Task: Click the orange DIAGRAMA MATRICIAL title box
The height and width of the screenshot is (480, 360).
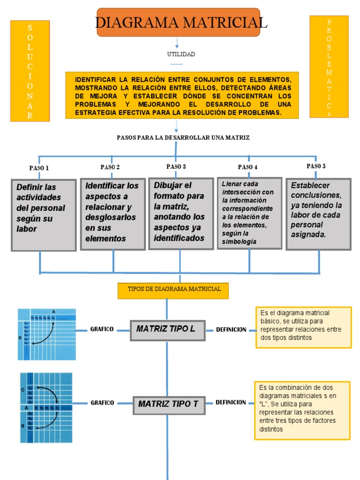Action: [x=178, y=22]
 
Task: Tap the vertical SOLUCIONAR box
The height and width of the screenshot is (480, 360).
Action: [x=30, y=71]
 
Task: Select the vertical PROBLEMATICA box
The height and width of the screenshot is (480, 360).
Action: [x=329, y=67]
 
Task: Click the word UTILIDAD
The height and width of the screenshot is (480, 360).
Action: [x=181, y=54]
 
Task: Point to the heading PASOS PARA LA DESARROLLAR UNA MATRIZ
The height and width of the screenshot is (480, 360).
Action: [x=183, y=137]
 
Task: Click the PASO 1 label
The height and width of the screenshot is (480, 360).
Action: [x=39, y=168]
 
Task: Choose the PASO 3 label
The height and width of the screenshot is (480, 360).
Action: [x=176, y=166]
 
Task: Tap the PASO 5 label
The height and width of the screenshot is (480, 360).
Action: [x=316, y=166]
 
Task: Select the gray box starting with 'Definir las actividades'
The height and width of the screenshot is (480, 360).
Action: [x=44, y=215]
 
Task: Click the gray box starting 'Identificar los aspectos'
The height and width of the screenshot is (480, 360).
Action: [x=112, y=214]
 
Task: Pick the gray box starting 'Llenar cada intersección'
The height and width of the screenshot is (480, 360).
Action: [x=249, y=213]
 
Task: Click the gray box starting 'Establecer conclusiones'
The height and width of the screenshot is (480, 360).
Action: [x=318, y=214]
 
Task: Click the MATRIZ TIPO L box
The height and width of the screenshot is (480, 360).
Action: [x=167, y=330]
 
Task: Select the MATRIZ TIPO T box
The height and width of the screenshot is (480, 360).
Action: [x=169, y=404]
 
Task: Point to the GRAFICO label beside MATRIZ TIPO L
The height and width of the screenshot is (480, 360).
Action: [x=102, y=330]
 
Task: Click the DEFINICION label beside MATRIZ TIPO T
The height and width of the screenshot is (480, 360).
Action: [x=231, y=403]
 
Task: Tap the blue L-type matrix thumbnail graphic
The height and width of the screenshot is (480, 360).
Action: [x=47, y=334]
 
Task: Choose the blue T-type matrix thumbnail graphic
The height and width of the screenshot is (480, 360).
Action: [x=46, y=408]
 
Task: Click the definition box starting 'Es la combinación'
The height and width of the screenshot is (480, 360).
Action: [x=302, y=411]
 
